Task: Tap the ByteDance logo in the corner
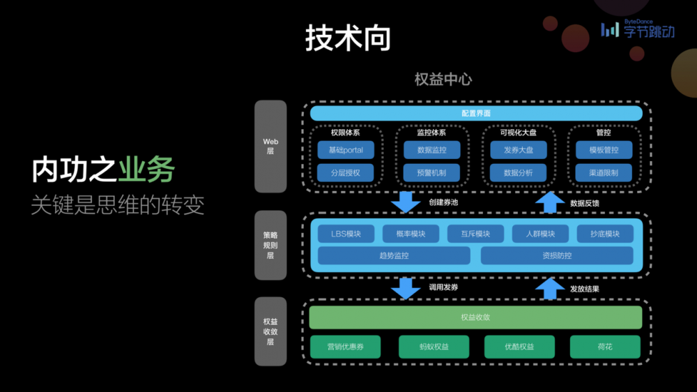[x=637, y=29]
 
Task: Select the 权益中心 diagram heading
[x=443, y=79]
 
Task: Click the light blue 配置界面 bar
[x=476, y=113]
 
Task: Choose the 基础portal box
[x=346, y=150]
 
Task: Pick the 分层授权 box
[x=346, y=172]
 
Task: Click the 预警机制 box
[x=431, y=172]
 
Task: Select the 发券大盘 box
[x=518, y=150]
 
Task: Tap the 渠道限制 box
[x=604, y=172]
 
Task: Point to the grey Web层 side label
[x=270, y=146]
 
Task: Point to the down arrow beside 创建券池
[x=406, y=201]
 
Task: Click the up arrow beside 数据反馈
[x=550, y=201]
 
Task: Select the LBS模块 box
[x=346, y=234]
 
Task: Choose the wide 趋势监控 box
[x=394, y=255]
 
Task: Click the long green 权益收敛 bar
[x=476, y=317]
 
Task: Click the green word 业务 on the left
[x=146, y=171]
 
